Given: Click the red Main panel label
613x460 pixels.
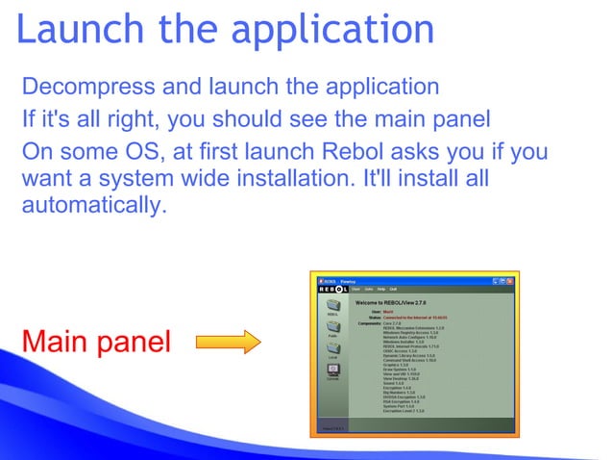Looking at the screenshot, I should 96,341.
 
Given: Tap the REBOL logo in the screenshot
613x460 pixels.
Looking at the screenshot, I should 331,290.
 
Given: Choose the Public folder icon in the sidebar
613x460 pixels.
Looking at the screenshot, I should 332,328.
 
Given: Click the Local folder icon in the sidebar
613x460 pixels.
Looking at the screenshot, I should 332,349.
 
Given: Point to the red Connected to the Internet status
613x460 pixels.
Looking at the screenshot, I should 411,316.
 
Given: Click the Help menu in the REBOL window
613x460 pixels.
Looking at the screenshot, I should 380,290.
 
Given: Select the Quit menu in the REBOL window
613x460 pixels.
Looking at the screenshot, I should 393,290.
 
